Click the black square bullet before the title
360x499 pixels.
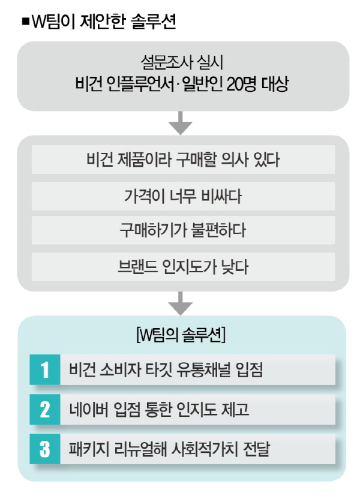(x=25, y=22)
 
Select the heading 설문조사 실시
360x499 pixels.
(x=181, y=62)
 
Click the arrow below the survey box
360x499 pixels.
(x=181, y=123)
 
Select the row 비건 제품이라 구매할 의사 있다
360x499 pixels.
(x=183, y=160)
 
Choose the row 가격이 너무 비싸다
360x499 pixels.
(x=183, y=196)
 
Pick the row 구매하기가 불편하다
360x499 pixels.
(x=183, y=230)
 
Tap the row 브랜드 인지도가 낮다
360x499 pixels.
(x=183, y=267)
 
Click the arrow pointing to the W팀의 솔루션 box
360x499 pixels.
(x=181, y=303)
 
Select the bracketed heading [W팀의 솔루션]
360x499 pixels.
(x=181, y=335)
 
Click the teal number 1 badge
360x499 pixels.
(x=45, y=369)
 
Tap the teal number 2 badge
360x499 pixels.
(x=45, y=409)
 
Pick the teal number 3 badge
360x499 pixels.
(x=45, y=449)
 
